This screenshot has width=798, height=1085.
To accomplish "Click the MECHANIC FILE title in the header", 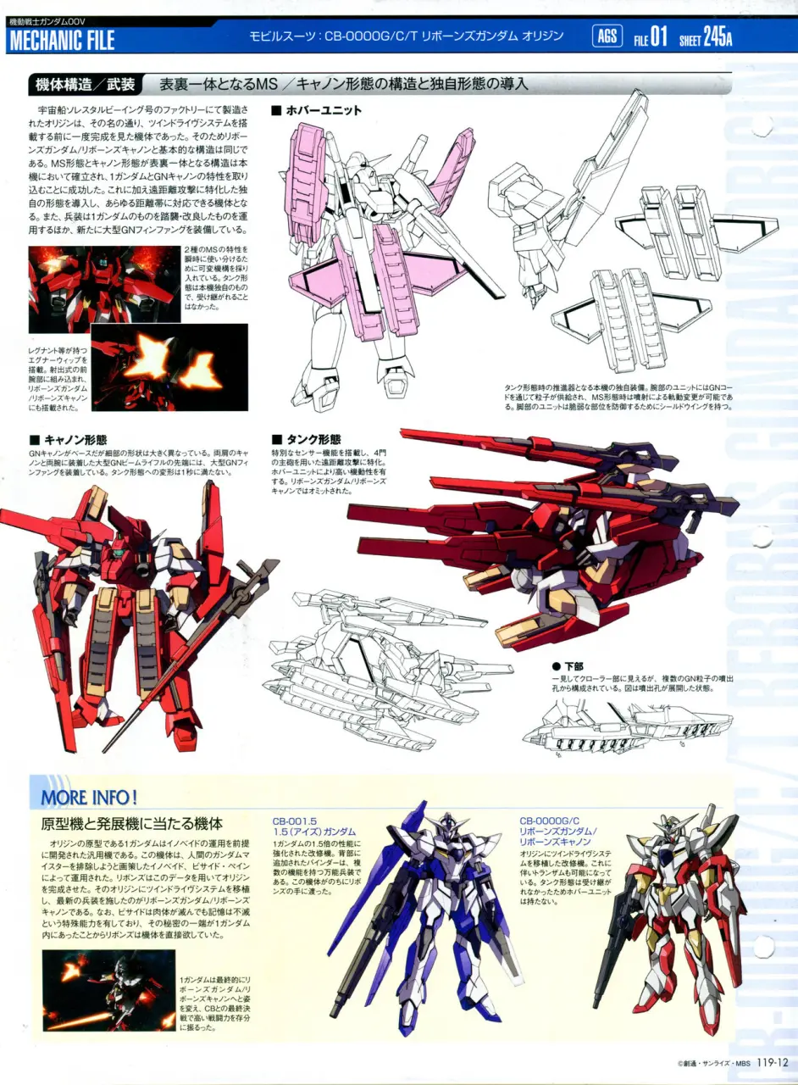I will (x=61, y=40).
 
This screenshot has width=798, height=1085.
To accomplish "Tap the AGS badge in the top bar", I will (x=607, y=36).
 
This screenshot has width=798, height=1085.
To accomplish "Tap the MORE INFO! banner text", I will (x=88, y=797).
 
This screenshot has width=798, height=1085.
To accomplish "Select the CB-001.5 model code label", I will (x=295, y=821).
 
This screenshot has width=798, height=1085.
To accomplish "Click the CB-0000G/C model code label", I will (x=550, y=821).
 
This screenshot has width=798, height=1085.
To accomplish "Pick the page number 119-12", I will (x=773, y=1062).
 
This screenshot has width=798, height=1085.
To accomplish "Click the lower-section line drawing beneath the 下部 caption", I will (x=627, y=726).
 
